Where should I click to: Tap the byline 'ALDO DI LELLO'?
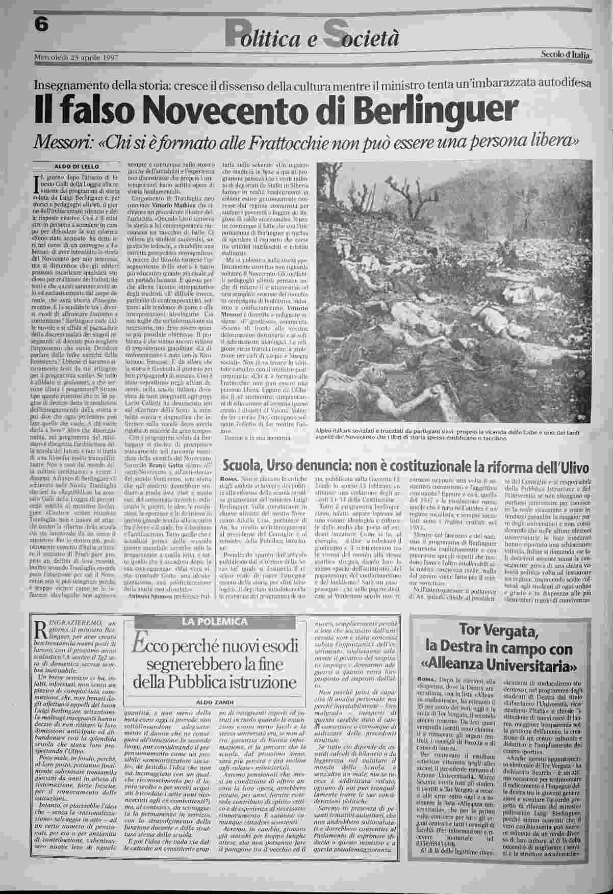coord(77,166)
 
